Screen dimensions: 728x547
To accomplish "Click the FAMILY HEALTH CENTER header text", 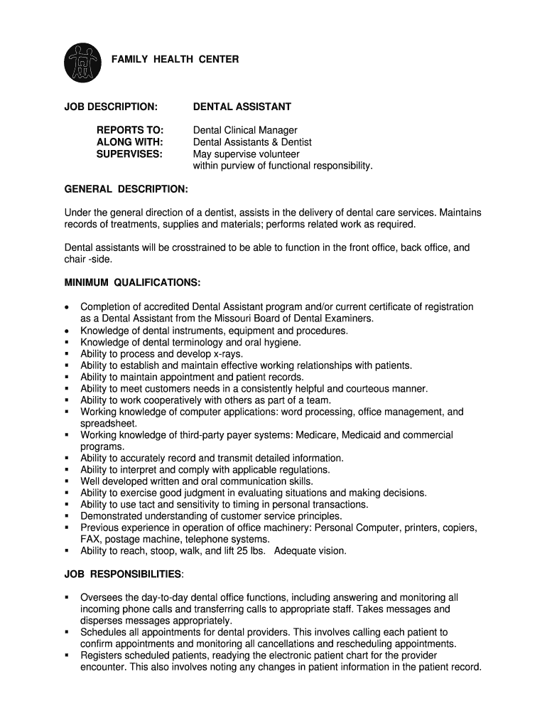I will pos(175,59).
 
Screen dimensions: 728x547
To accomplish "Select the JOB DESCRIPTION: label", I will pos(111,107).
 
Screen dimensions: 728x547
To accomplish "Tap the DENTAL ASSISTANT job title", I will pos(242,107).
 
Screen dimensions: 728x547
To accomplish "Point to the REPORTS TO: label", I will pos(130,130).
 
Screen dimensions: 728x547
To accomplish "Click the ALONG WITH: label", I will pos(130,142).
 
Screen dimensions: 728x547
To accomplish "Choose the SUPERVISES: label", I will pos(130,154).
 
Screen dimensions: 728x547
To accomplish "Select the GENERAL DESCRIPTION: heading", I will pos(126,189).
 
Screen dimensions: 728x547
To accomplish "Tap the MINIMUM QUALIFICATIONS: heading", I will pos(133,283).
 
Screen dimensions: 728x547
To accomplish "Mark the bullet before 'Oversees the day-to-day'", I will pos(67,597).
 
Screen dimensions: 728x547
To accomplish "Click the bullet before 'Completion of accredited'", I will pos(67,307).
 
